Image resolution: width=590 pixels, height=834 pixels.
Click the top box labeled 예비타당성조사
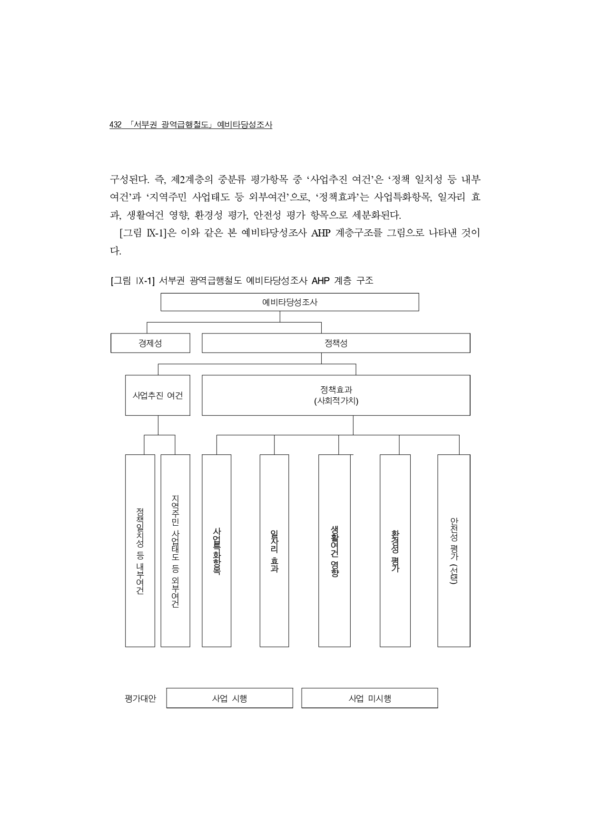pyautogui.click(x=289, y=302)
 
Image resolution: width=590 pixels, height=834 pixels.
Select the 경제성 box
pyautogui.click(x=150, y=343)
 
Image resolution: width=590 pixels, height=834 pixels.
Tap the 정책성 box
pyautogui.click(x=336, y=343)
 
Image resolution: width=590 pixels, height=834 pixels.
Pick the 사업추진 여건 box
pyautogui.click(x=157, y=395)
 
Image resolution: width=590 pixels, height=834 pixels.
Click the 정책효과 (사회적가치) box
pyautogui.click(x=336, y=395)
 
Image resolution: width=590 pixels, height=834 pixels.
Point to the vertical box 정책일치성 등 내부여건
pyautogui.click(x=140, y=550)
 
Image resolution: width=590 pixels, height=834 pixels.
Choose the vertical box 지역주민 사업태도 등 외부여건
pyautogui.click(x=175, y=550)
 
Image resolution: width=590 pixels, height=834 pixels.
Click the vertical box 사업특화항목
pyautogui.click(x=216, y=550)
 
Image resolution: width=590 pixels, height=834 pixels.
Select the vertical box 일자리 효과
pyautogui.click(x=274, y=550)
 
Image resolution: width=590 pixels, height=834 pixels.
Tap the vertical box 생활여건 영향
pyautogui.click(x=334, y=550)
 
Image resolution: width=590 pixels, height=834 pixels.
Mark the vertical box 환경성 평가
pyautogui.click(x=395, y=550)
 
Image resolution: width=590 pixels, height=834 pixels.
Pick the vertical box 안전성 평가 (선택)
pyautogui.click(x=453, y=550)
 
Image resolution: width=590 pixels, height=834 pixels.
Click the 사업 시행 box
pyautogui.click(x=229, y=698)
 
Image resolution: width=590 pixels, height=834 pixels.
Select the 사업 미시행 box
pyautogui.click(x=369, y=698)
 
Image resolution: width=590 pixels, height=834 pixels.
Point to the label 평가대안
pyautogui.click(x=140, y=698)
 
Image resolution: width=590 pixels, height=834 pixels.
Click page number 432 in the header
pyautogui.click(x=115, y=125)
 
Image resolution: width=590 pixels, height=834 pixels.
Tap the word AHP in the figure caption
pyautogui.click(x=321, y=281)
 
